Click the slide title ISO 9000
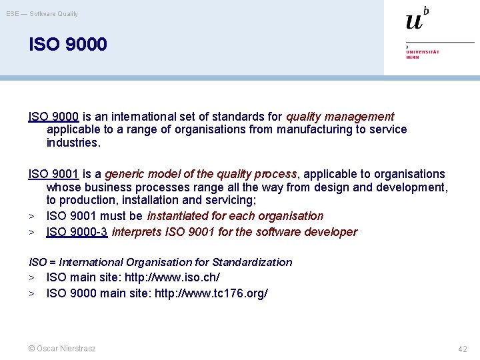(67, 45)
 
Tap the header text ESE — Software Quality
(42, 13)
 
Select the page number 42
(462, 349)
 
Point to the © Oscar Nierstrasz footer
(62, 349)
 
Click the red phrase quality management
(340, 117)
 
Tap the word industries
(73, 143)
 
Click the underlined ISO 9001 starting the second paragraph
(54, 174)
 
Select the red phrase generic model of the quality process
(200, 174)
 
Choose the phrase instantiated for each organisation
(235, 216)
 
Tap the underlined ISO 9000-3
(77, 232)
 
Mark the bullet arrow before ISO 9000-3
(31, 233)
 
